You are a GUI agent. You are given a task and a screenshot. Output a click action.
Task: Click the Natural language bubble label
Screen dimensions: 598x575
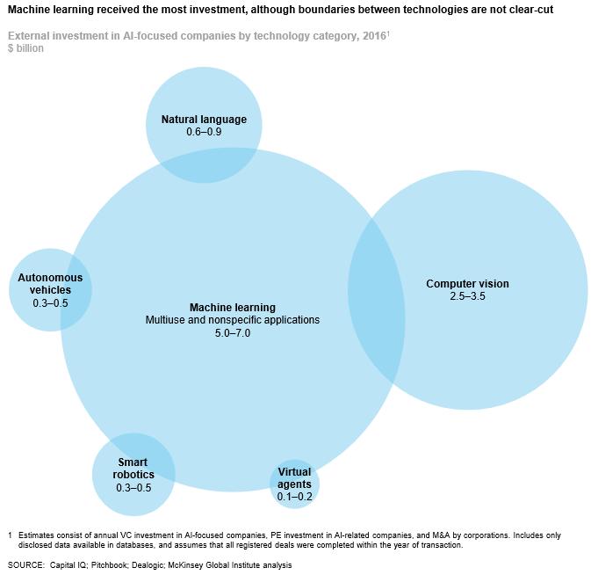coord(204,120)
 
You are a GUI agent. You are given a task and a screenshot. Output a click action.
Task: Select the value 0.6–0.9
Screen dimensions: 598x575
coord(204,132)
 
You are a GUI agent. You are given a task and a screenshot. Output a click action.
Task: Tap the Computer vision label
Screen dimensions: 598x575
coord(467,284)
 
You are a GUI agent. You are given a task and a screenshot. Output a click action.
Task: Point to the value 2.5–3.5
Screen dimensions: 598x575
coord(467,296)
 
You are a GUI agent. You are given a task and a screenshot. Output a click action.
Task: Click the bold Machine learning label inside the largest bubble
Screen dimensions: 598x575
coord(233,308)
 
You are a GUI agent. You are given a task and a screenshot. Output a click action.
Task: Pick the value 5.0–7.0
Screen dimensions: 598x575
coord(233,333)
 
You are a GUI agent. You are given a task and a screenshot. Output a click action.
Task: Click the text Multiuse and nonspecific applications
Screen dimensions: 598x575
coord(233,320)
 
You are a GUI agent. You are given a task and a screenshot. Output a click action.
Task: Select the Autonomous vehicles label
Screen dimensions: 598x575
coord(50,284)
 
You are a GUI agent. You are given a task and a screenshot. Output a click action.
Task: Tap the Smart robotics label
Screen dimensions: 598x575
coord(133,469)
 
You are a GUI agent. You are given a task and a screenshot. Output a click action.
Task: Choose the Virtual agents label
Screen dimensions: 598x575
coord(294,478)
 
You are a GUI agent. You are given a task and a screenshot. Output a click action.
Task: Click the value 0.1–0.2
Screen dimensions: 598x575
coord(294,497)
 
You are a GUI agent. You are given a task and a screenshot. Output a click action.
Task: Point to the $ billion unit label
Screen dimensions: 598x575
coord(25,48)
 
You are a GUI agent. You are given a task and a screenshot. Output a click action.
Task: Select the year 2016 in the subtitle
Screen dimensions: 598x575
coord(374,36)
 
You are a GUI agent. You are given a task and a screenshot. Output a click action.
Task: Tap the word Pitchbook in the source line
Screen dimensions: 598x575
coord(109,565)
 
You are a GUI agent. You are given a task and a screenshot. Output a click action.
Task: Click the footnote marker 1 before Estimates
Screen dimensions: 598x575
coord(10,535)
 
